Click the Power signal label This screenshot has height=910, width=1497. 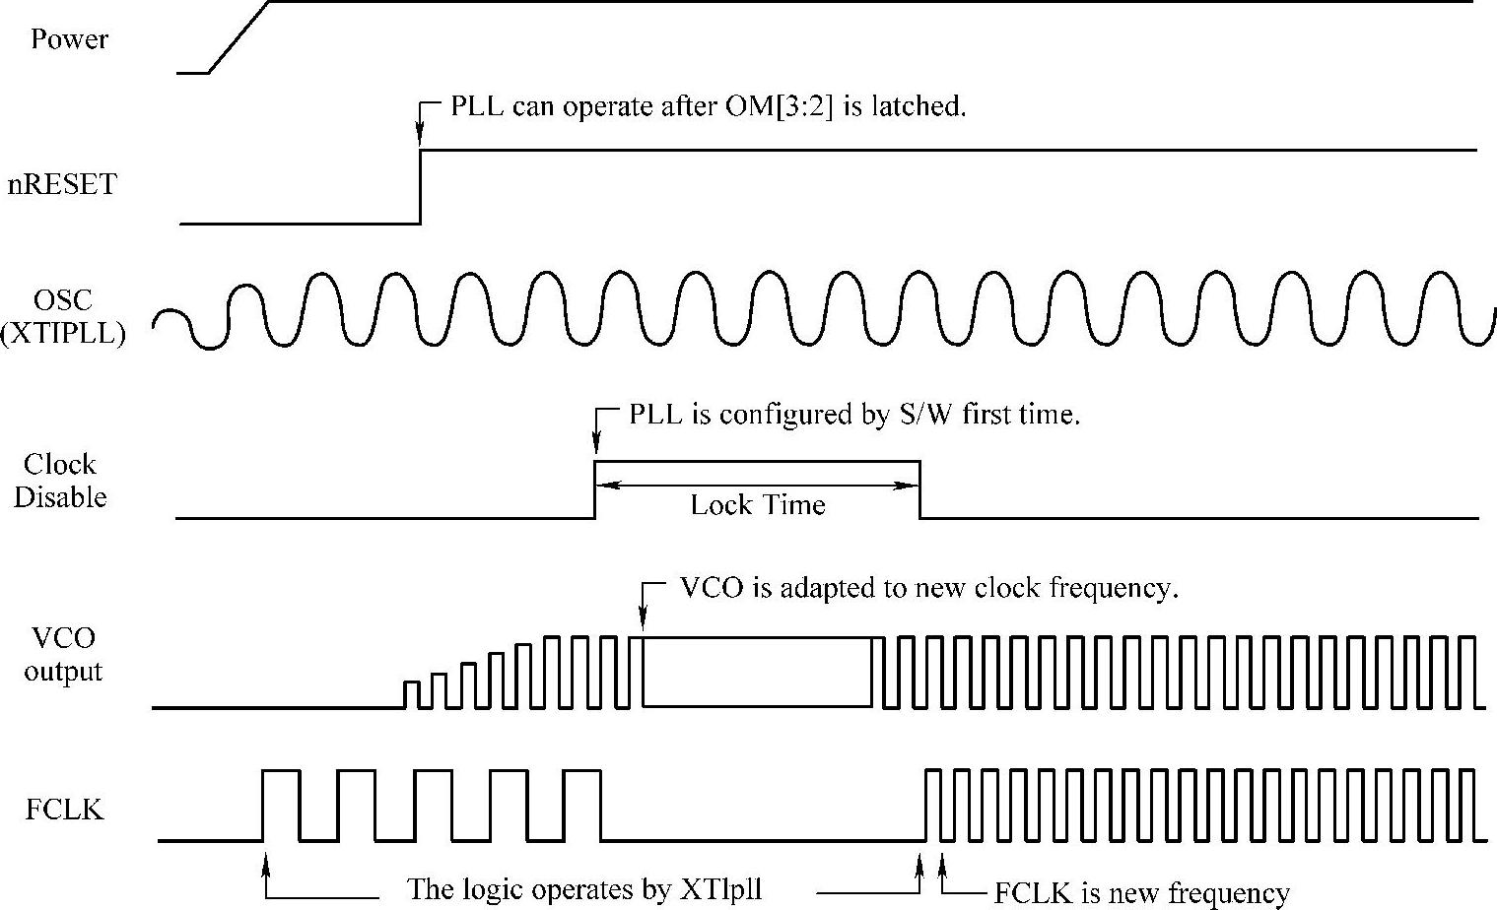pyautogui.click(x=69, y=39)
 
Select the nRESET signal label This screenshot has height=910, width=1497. pyautogui.click(x=61, y=184)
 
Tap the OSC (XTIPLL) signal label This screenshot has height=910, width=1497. pyautogui.click(x=64, y=316)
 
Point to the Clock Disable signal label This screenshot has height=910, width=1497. pyautogui.click(x=60, y=481)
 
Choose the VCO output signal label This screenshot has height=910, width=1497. pyautogui.click(x=63, y=655)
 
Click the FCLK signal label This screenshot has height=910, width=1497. pyautogui.click(x=64, y=810)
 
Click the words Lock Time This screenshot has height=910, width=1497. pyautogui.click(x=757, y=505)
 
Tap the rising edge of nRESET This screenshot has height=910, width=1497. pyautogui.click(x=421, y=187)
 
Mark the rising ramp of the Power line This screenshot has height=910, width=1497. pyautogui.click(x=238, y=36)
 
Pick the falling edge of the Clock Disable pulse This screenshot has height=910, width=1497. pyautogui.click(x=919, y=489)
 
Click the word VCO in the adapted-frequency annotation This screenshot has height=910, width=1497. pyautogui.click(x=711, y=588)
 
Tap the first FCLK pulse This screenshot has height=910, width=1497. pyautogui.click(x=281, y=805)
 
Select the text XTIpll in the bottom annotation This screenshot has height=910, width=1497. pyautogui.click(x=721, y=889)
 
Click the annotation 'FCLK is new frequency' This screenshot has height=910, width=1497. pyautogui.click(x=1141, y=893)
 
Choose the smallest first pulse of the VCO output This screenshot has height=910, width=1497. pyautogui.click(x=412, y=693)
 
